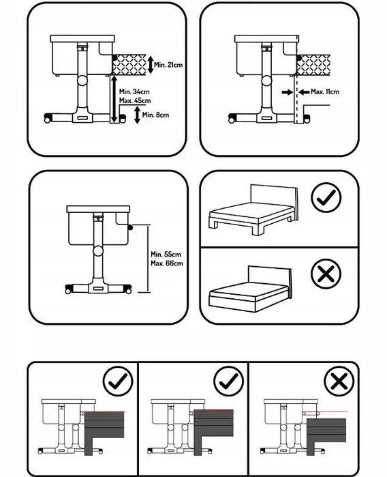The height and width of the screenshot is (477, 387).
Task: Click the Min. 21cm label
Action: click(168, 65)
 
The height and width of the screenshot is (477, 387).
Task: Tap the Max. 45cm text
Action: click(135, 100)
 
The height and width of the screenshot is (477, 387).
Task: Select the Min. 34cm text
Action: click(134, 91)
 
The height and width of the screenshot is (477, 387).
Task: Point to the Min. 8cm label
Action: click(155, 115)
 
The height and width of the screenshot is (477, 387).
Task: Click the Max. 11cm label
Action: click(325, 91)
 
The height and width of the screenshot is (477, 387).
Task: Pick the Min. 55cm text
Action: click(166, 254)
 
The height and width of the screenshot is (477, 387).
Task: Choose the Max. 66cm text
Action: click(167, 263)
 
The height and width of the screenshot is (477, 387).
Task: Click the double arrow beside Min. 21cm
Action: click(151, 65)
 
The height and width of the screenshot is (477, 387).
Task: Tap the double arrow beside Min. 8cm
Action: click(138, 115)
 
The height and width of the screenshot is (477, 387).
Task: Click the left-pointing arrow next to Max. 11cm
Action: click(304, 92)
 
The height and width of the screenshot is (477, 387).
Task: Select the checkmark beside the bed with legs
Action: click(326, 197)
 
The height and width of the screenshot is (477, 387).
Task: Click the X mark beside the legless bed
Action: click(326, 274)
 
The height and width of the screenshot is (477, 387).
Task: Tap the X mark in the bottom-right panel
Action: click(339, 381)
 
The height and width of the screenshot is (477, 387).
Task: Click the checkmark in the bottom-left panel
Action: click(118, 381)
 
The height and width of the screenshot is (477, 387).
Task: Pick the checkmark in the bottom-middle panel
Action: click(228, 381)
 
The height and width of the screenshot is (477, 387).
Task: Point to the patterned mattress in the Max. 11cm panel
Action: click(313, 65)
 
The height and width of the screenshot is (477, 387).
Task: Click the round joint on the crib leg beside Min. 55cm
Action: click(98, 251)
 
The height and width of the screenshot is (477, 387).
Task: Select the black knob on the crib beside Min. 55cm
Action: click(131, 227)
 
